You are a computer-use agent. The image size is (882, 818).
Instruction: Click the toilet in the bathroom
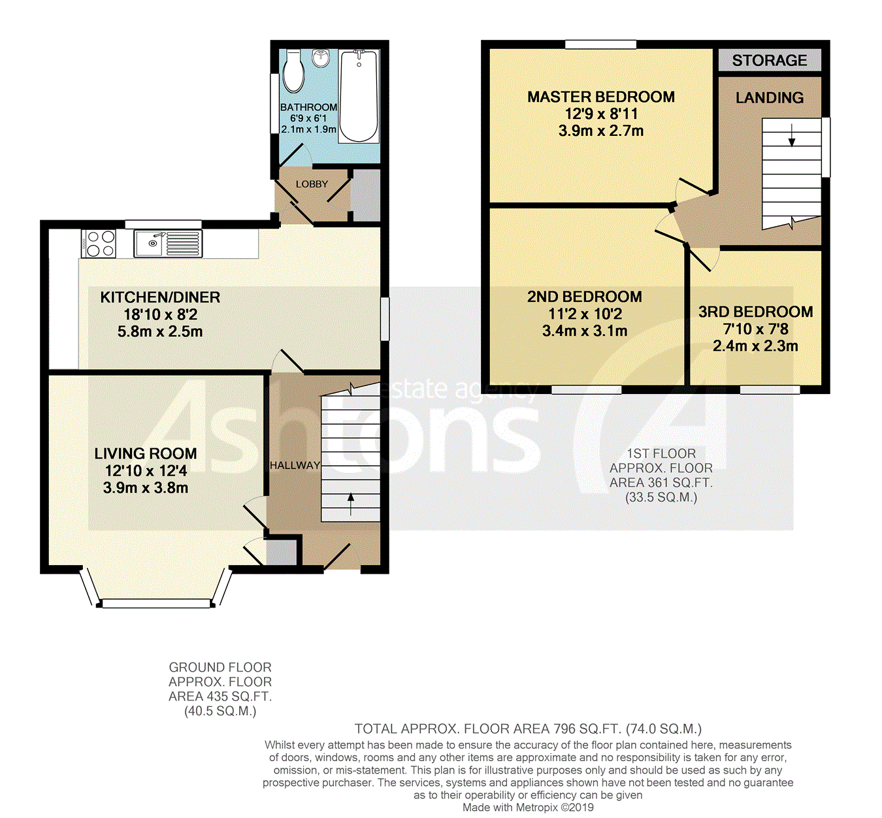coord(293,71)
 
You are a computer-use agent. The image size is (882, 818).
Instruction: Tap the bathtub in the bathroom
coord(359,97)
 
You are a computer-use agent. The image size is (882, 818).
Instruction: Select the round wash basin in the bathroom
coord(321,58)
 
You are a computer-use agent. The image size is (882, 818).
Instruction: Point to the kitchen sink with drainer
coord(168,244)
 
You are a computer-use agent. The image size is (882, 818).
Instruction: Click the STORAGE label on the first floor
coord(770,60)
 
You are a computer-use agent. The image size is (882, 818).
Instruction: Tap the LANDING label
coord(770,98)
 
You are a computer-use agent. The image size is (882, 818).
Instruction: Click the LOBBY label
coord(312,184)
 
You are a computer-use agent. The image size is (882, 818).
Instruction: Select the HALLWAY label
coord(295,465)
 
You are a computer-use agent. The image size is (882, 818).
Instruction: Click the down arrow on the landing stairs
coord(791,135)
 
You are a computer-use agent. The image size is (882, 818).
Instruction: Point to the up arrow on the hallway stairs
coord(351,504)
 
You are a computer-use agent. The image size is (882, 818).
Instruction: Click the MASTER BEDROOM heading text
coord(601,97)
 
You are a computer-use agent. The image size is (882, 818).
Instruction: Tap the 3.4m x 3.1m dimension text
coord(585,331)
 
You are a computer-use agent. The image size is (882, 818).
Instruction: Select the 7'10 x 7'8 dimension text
coord(755,329)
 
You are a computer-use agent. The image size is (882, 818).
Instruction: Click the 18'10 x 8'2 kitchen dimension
coord(160,314)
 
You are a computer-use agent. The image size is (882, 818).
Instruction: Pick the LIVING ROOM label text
coord(146,453)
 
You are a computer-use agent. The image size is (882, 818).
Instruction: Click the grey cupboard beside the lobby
coord(365,195)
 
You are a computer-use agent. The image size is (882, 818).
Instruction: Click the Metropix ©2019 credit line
coord(528,808)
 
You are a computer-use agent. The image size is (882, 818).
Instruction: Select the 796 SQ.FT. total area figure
coord(587,729)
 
